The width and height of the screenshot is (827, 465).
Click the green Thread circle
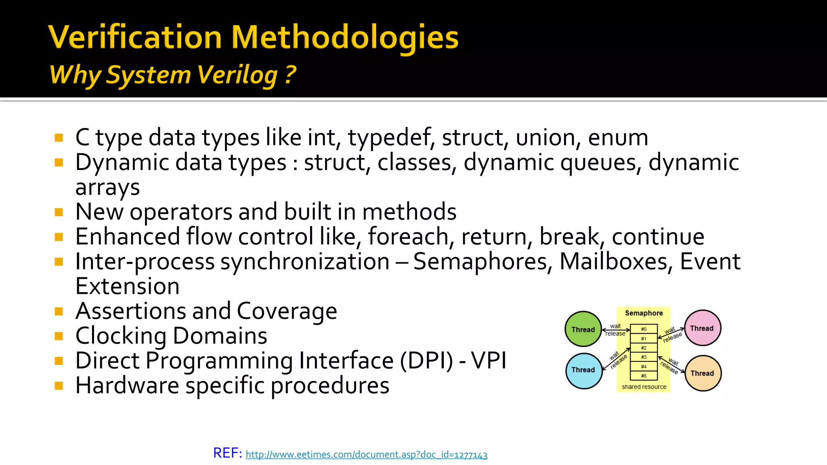[583, 329]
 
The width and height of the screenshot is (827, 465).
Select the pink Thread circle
[703, 328]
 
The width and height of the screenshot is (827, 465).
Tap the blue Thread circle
[584, 370]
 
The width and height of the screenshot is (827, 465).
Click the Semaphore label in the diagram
[644, 313]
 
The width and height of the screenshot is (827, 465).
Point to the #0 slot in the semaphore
[644, 329]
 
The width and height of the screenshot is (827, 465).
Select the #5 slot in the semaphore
[644, 376]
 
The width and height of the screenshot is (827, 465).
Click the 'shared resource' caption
[644, 387]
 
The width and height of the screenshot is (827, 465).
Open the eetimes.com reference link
[366, 455]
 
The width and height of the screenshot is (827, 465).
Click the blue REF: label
[227, 453]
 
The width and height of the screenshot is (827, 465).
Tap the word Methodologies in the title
[345, 38]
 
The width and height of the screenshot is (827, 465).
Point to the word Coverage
[287, 311]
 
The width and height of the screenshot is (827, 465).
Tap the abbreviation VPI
[489, 360]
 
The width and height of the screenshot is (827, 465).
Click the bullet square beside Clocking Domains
[59, 336]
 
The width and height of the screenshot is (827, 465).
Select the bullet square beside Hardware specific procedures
[59, 385]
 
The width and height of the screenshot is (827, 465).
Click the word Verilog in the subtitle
[238, 75]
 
